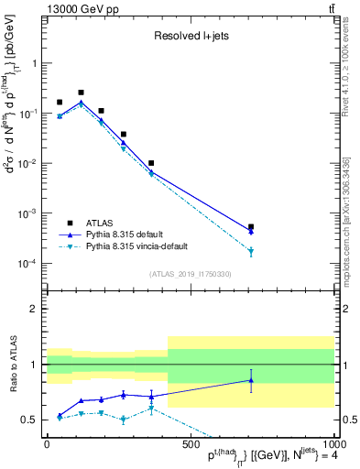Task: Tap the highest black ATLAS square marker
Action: click(82, 93)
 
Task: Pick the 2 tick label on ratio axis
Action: click(34, 309)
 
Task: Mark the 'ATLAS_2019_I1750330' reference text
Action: click(190, 274)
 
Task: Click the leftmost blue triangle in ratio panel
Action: click(60, 415)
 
